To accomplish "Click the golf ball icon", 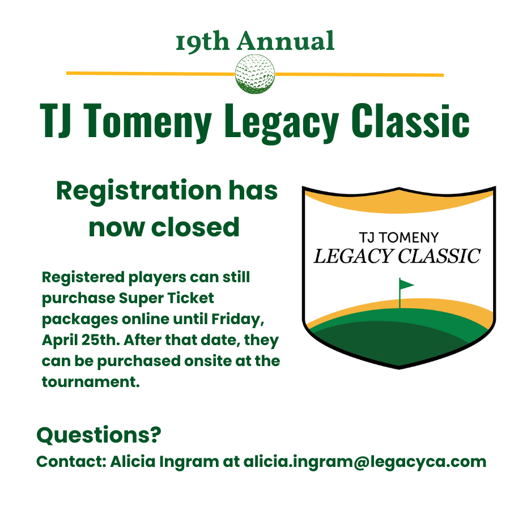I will (255, 74).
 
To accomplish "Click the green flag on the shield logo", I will (406, 284).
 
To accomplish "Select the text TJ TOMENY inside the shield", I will (399, 237).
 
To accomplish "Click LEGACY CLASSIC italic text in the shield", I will (397, 256).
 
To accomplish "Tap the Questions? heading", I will (99, 435).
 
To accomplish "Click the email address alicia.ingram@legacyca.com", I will (365, 461).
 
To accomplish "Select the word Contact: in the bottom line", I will (71, 461).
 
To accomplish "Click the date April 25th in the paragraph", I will (76, 340).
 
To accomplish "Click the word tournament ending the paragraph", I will (90, 381).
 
